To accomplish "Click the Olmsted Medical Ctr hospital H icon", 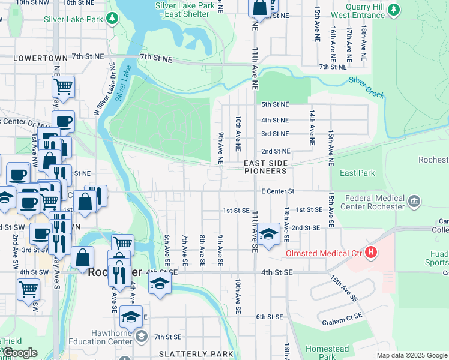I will coord(372,253).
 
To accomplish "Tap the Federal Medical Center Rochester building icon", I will coord(414,202).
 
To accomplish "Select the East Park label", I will coord(357,173).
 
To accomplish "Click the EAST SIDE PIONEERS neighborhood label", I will coord(265,167).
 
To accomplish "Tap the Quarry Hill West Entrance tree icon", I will coord(394,9).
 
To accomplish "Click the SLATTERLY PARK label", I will coord(196,354).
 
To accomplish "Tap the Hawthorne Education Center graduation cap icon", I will coord(140,335).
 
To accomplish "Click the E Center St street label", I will coord(277,191).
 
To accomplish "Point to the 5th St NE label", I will coord(275,104).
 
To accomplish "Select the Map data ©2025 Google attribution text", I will coord(411,355).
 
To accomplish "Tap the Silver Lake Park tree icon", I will coord(112,19).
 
